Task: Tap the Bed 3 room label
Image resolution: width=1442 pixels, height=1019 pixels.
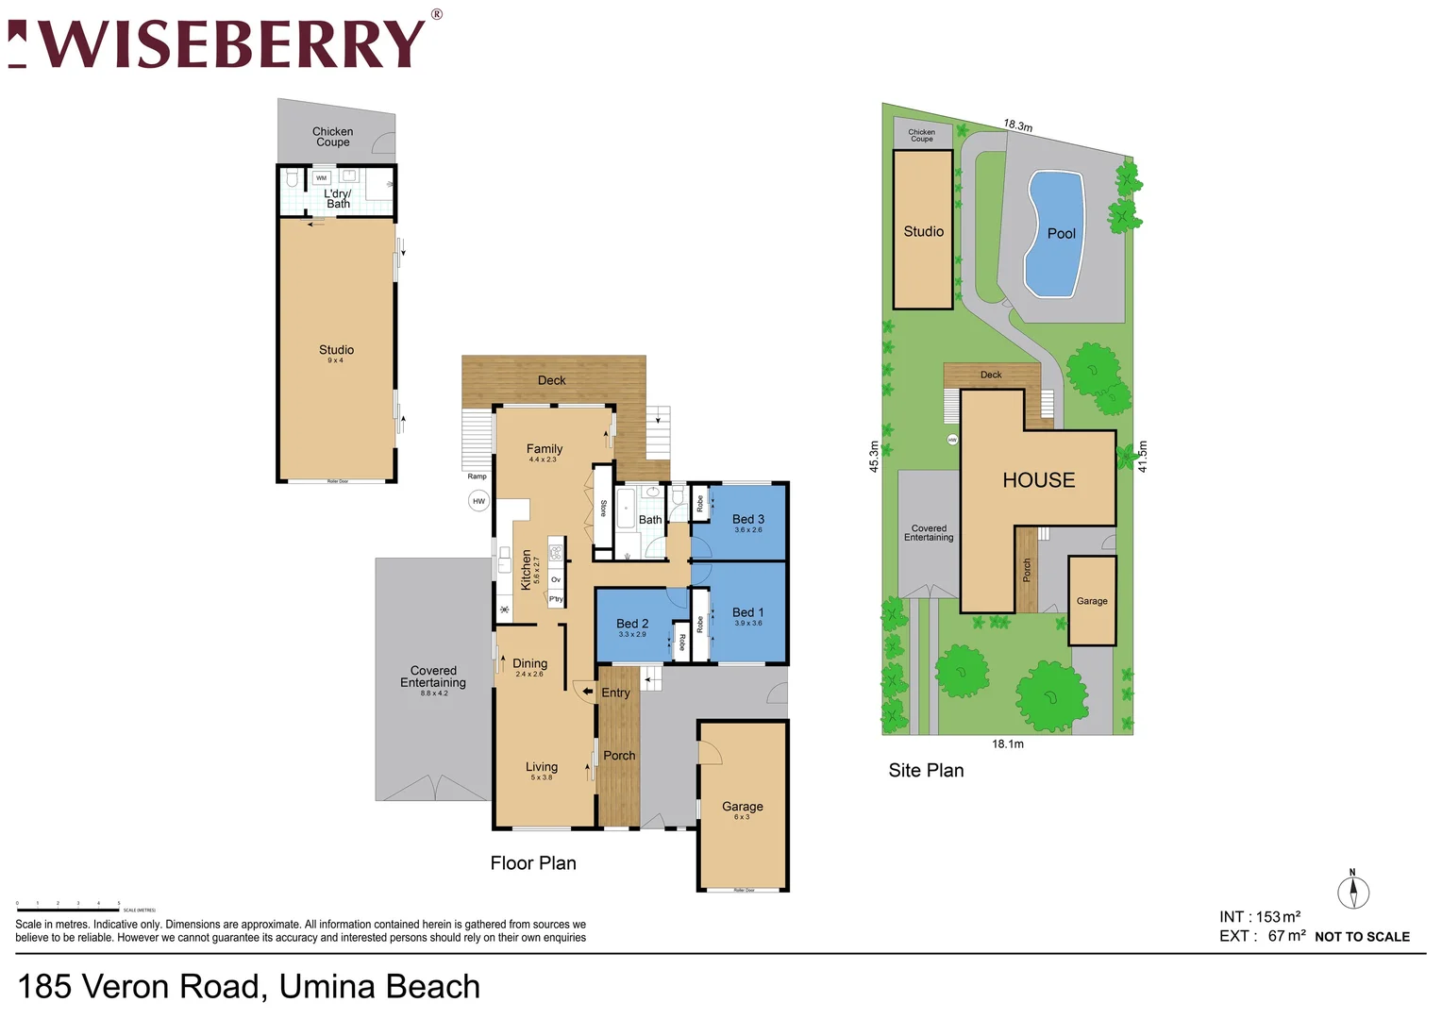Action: (748, 520)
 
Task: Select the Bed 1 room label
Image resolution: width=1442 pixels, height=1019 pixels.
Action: (748, 613)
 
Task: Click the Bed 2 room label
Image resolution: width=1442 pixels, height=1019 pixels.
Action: (632, 624)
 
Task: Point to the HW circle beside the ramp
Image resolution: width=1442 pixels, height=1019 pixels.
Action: (478, 501)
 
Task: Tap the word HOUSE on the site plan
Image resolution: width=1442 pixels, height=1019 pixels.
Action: (1038, 480)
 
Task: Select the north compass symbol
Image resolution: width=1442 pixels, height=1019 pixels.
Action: (1352, 891)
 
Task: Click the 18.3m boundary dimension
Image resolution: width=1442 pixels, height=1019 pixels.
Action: (1017, 125)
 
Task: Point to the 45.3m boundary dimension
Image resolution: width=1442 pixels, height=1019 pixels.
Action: (874, 456)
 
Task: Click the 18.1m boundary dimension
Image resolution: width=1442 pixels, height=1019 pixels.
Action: (1007, 744)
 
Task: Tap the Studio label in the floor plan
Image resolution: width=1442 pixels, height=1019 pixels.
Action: (336, 350)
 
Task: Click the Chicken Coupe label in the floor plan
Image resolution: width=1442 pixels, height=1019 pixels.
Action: (332, 137)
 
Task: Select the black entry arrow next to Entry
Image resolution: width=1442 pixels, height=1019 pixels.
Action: (587, 693)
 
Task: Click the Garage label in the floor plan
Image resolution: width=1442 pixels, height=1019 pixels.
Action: (742, 807)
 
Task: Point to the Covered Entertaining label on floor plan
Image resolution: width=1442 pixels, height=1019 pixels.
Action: (433, 677)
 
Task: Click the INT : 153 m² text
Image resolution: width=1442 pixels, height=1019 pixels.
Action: (1260, 917)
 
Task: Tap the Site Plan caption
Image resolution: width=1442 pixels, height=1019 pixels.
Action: (926, 771)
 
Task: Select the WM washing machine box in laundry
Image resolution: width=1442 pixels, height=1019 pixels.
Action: (321, 177)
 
